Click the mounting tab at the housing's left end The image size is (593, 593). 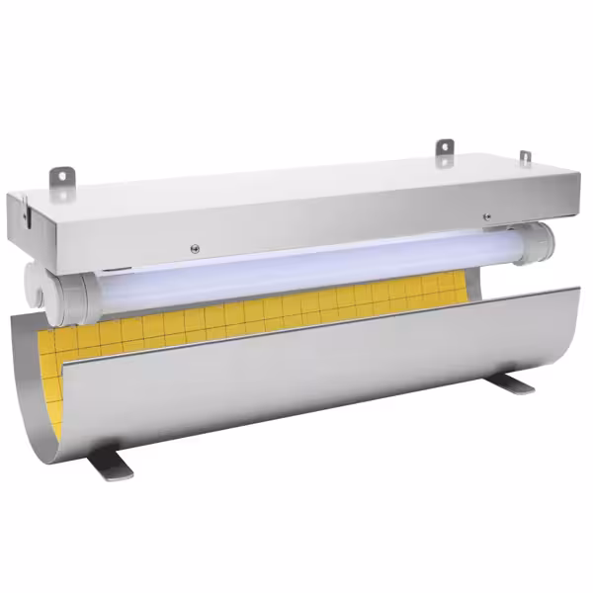pyautogui.click(x=62, y=177)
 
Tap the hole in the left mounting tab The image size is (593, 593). pyautogui.click(x=62, y=175)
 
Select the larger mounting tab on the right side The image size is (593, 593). pyautogui.click(x=446, y=149)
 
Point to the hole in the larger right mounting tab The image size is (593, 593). pyautogui.click(x=446, y=147)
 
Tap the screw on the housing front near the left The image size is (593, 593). pyautogui.click(x=195, y=247)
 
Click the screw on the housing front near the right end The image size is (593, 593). pyautogui.click(x=485, y=217)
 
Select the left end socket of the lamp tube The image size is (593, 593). pyautogui.click(x=75, y=293)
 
